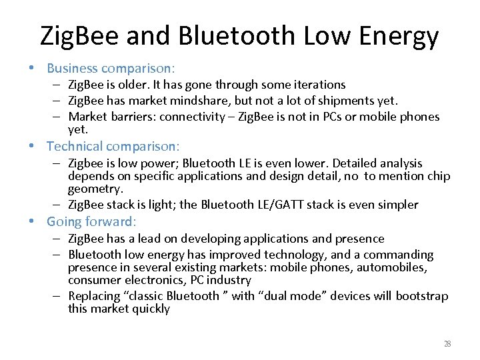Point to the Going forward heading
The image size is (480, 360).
(x=91, y=221)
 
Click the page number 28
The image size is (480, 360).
(x=447, y=344)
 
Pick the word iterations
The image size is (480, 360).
(x=318, y=85)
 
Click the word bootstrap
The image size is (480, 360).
(x=417, y=296)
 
